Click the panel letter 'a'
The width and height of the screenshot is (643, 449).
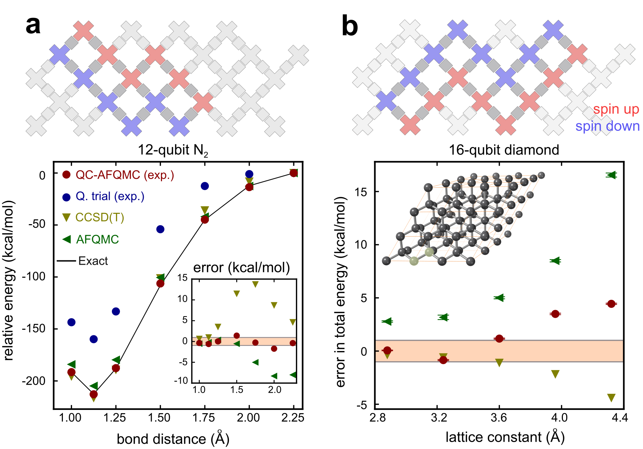[33, 26]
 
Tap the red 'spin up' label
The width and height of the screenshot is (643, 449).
[616, 109]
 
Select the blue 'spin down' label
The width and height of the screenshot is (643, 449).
[607, 126]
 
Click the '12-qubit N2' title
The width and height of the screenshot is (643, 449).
[173, 150]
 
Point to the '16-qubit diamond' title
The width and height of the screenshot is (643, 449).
[504, 150]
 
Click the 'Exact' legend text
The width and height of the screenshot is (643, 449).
[93, 261]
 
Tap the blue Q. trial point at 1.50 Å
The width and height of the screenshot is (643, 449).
[160, 229]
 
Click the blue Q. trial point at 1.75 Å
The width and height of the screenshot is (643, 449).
[205, 186]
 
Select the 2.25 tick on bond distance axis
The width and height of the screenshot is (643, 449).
[293, 418]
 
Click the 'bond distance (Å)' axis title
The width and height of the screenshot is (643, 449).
[173, 439]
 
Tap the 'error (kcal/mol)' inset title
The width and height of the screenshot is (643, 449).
[241, 268]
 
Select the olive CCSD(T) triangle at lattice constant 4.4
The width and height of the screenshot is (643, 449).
[611, 398]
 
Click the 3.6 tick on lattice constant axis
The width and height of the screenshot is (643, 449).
[499, 418]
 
